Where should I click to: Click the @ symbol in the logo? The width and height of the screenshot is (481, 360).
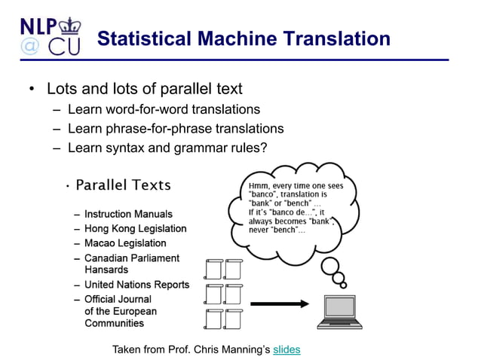click(30, 47)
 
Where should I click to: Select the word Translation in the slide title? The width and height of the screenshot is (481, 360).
click(328, 38)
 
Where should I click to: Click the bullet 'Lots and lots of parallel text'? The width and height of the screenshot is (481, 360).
click(144, 89)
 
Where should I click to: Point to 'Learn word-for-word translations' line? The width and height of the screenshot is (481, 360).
click(164, 109)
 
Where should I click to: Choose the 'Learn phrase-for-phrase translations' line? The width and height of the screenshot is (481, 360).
click(176, 128)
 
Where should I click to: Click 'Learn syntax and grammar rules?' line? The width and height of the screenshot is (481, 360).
click(167, 148)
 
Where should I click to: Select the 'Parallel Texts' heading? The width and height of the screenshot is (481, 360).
click(124, 185)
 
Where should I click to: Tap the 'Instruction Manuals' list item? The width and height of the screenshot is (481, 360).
click(128, 215)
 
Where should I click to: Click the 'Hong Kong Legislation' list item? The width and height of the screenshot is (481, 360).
click(135, 228)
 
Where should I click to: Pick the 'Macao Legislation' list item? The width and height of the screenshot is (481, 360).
click(125, 243)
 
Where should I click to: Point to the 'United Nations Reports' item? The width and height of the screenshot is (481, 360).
click(136, 285)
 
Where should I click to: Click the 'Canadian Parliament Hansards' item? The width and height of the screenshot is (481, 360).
click(132, 264)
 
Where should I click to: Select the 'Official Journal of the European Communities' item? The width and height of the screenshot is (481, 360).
click(121, 311)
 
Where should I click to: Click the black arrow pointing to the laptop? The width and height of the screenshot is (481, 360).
click(279, 304)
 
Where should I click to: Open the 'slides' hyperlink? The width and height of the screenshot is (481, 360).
click(286, 349)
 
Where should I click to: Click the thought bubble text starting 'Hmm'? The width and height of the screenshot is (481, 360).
click(290, 207)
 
